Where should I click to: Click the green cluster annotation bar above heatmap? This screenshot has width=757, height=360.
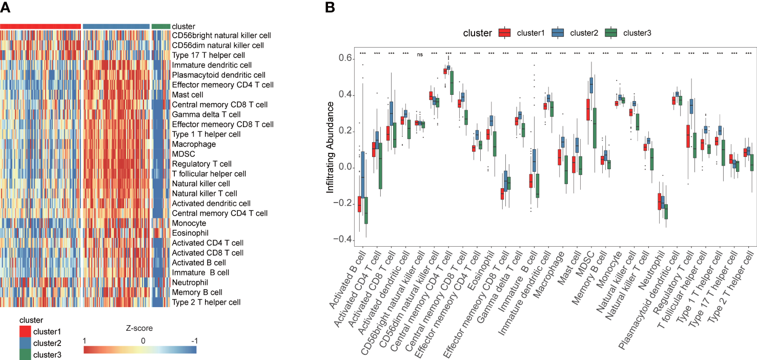pyautogui.click(x=161, y=26)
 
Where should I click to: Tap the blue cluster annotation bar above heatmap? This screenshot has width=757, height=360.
pyautogui.click(x=116, y=26)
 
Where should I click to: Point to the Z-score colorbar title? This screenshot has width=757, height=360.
pyautogui.click(x=140, y=328)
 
